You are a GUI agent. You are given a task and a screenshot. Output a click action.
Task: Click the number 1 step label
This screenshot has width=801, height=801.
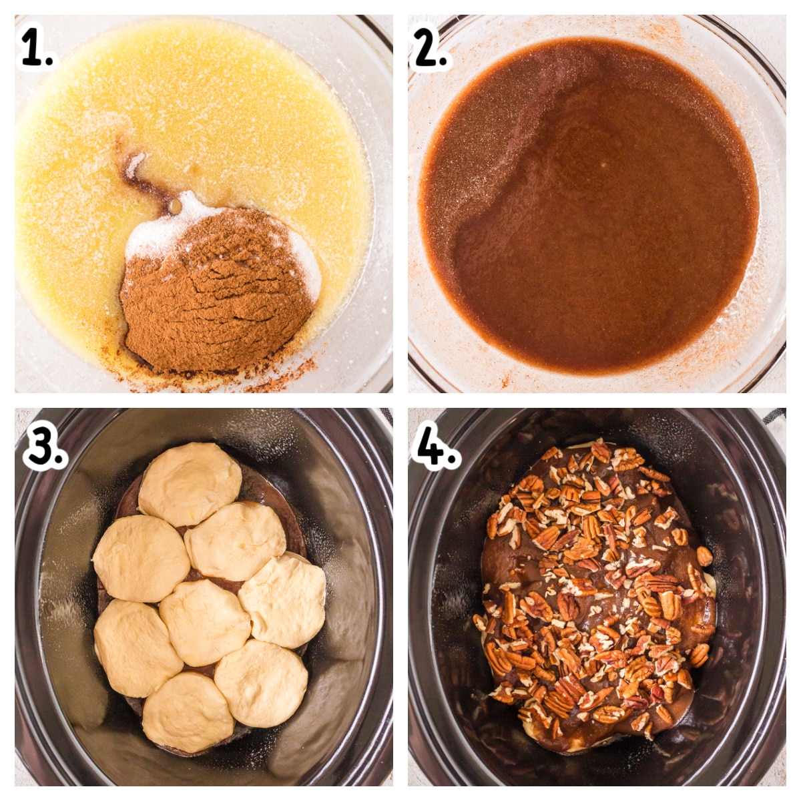click(37, 48)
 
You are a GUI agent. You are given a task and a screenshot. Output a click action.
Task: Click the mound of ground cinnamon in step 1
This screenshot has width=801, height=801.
click(216, 291)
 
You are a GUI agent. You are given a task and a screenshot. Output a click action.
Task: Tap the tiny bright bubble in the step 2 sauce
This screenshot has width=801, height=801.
click(603, 166)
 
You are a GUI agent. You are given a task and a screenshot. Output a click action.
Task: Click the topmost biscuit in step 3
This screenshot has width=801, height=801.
click(190, 478)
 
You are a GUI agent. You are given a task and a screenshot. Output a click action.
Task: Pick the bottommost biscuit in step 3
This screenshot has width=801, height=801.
click(188, 707)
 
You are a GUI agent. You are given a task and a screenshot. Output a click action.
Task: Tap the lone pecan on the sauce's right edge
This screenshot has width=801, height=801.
click(704, 556)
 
